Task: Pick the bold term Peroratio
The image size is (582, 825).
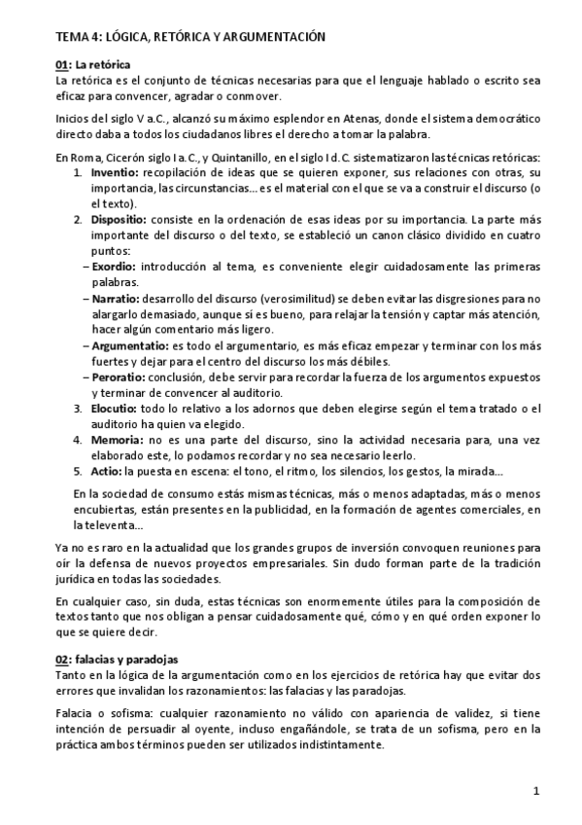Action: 122,375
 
